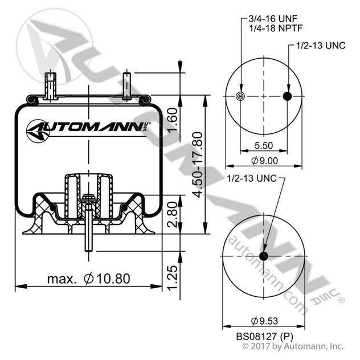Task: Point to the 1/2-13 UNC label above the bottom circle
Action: click(x=251, y=178)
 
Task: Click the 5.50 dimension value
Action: click(x=263, y=145)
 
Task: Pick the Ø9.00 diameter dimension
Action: click(x=264, y=161)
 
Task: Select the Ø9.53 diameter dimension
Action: click(x=263, y=318)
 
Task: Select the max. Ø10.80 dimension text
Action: click(x=89, y=279)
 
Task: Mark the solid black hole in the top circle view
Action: click(x=287, y=96)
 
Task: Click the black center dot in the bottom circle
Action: click(x=264, y=255)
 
